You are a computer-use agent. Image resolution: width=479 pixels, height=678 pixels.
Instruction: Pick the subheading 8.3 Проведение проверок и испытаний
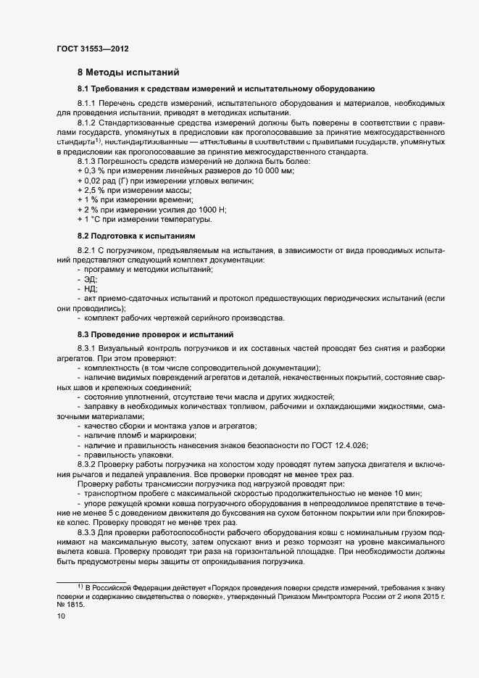pos(155,334)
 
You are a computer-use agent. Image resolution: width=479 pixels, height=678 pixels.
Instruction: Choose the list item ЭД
pos(91,279)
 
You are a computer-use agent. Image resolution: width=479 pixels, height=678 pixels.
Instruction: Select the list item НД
pos(91,289)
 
